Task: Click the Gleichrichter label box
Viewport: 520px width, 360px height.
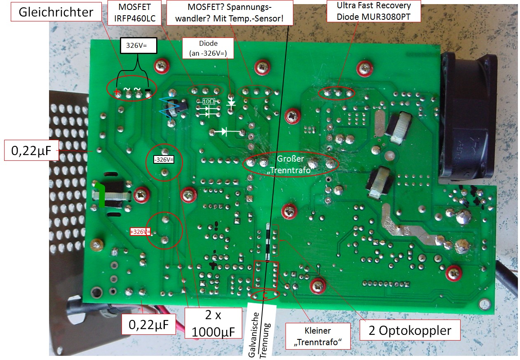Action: [x=56, y=12]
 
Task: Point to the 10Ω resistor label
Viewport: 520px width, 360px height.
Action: [x=208, y=101]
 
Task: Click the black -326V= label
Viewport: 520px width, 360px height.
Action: [x=164, y=159]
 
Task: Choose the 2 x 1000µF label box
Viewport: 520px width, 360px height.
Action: [x=213, y=324]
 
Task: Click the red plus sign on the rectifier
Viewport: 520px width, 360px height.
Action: [x=117, y=92]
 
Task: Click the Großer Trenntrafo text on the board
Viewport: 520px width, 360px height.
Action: [x=290, y=164]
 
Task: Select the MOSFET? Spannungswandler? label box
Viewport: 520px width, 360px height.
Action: [x=230, y=12]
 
